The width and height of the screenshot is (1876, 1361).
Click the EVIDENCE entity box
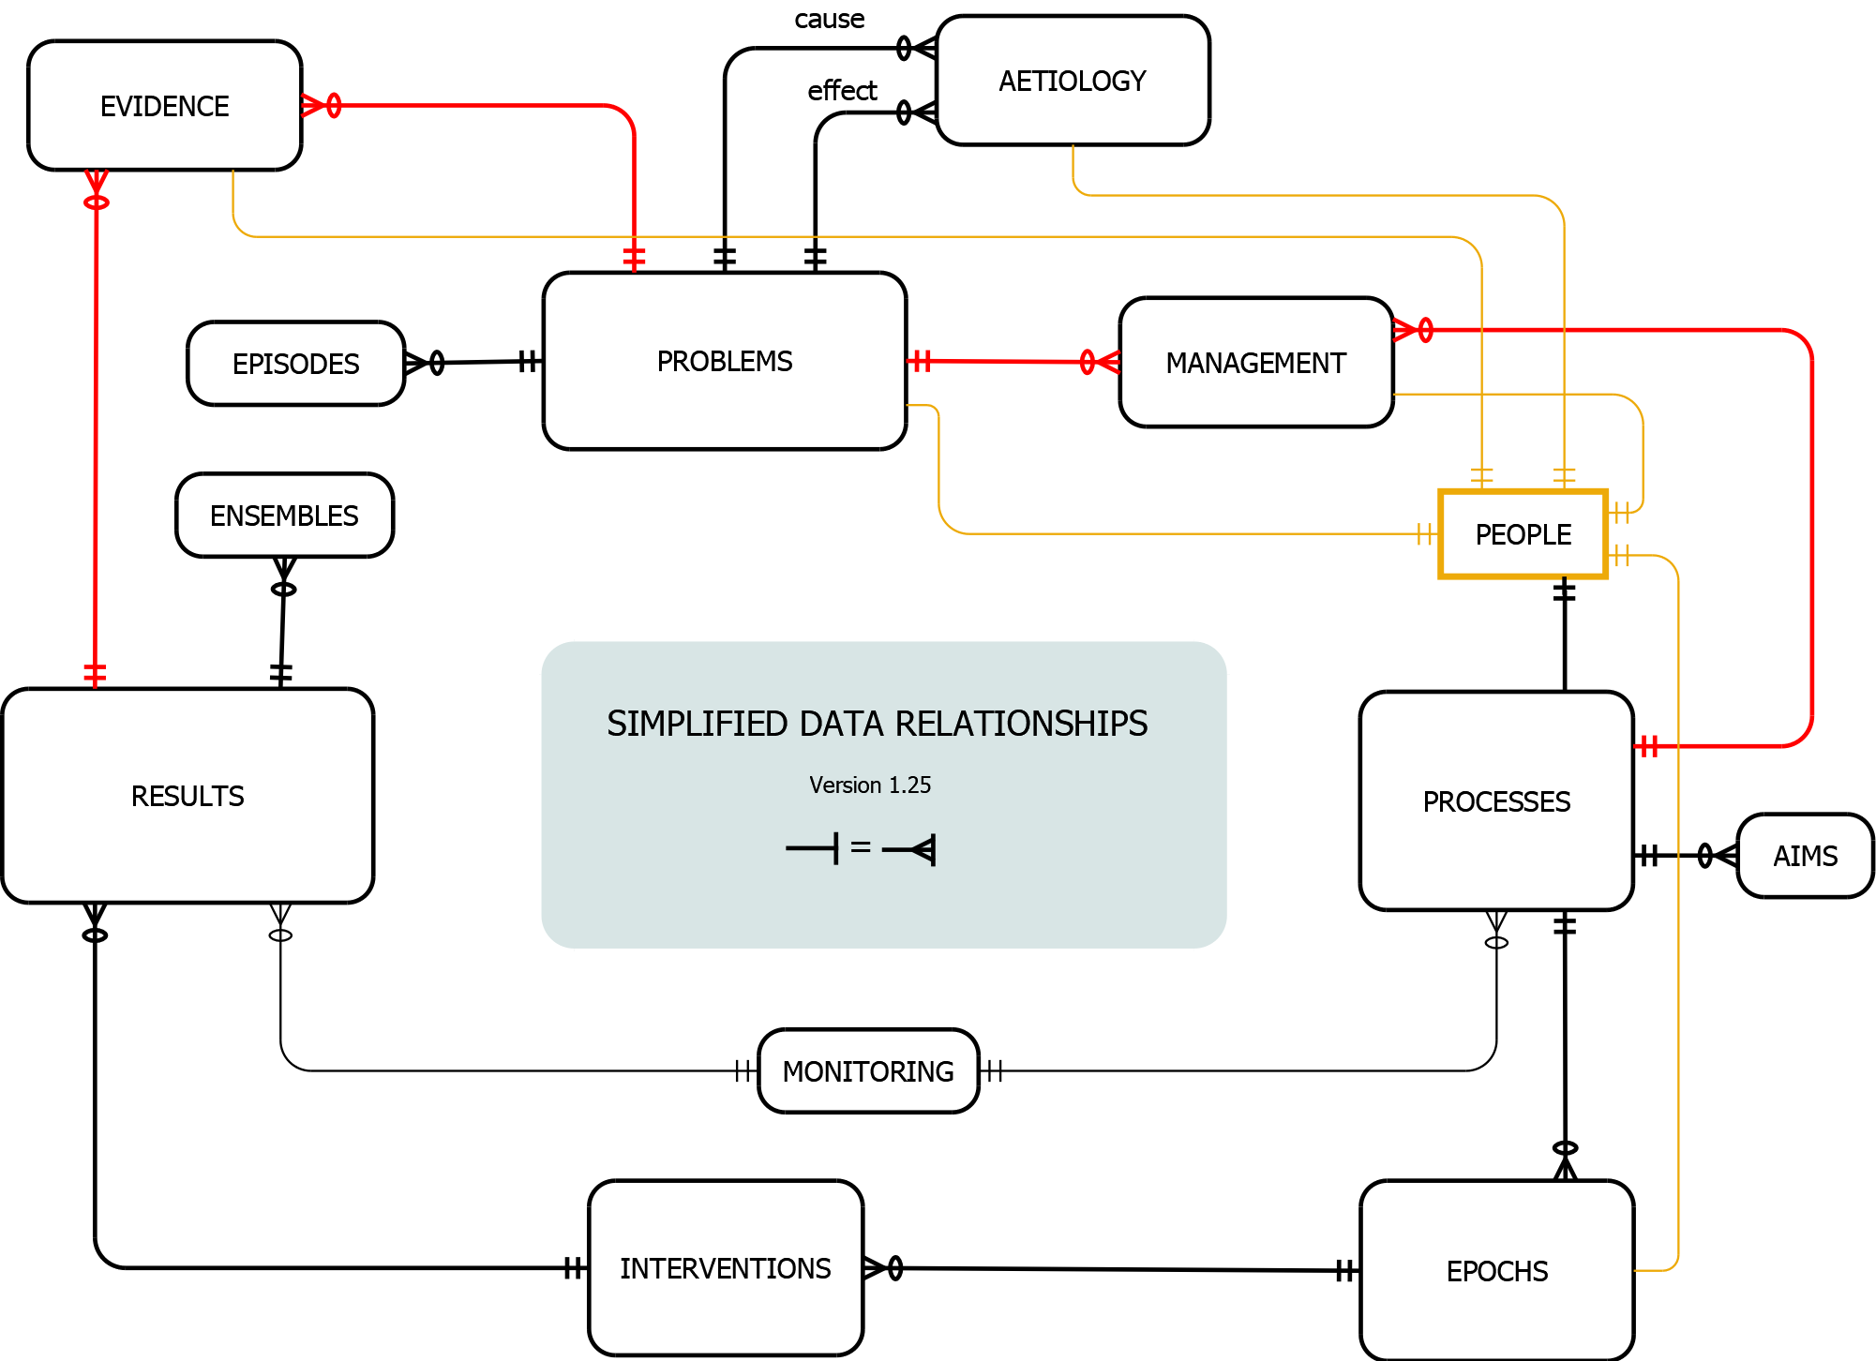pos(164,106)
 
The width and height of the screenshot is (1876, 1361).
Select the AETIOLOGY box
pos(1073,82)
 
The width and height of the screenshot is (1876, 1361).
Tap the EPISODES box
pos(295,364)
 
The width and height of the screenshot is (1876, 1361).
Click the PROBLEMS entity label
pos(725,362)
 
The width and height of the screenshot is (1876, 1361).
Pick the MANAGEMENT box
pos(1255,363)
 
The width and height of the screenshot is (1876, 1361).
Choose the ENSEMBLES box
pos(284,516)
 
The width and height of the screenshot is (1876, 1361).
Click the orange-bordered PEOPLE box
pos(1523,534)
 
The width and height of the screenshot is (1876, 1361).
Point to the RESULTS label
pos(188,797)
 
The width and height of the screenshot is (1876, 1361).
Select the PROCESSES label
pos(1496,802)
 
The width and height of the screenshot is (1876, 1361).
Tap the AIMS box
pos(1805,856)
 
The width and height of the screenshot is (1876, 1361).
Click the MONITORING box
pos(868,1071)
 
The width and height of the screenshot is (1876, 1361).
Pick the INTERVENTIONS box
pos(725,1268)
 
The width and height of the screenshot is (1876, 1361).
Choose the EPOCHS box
pos(1496,1271)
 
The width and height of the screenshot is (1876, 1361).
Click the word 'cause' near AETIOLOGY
pos(829,20)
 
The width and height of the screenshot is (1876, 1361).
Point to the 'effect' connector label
pos(842,91)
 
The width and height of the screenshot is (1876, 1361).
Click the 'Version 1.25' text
pos(870,785)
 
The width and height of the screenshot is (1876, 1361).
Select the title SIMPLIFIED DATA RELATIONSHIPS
pos(877,724)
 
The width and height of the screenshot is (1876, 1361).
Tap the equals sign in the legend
pos(861,847)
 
